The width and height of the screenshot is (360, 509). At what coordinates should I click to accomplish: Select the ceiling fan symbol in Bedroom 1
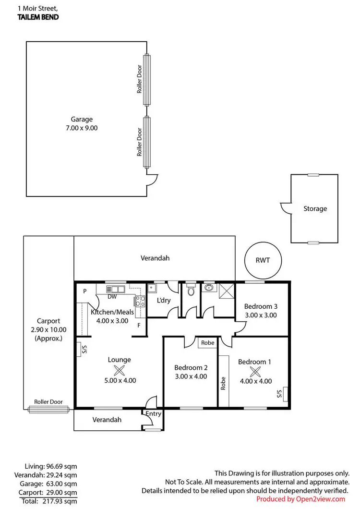pos(254,371)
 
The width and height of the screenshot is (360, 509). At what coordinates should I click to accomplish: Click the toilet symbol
pos(191,290)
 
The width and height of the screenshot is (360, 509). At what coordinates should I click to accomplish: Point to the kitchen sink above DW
pos(116,289)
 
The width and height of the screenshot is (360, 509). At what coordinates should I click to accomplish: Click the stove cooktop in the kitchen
pos(139,302)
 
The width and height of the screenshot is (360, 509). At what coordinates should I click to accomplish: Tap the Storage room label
pos(315,208)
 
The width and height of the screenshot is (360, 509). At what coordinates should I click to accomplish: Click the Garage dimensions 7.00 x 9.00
pos(82,128)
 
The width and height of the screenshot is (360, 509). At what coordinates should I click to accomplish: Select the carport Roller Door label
pos(48,402)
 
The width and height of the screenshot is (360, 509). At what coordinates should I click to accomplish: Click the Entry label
pos(153,413)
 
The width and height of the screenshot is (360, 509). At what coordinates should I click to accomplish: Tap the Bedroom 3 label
pos(261,306)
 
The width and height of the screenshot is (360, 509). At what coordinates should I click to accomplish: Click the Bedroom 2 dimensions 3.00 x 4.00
pos(191,376)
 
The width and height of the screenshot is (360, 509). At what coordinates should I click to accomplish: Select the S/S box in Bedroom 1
pos(285,394)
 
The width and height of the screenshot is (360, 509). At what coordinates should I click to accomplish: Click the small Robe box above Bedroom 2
pos(207,343)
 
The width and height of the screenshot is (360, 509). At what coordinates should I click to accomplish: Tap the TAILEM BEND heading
pos(39,17)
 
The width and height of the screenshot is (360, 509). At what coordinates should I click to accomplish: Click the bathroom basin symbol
pos(209,288)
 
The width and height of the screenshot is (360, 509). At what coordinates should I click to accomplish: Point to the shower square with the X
pos(225,290)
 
